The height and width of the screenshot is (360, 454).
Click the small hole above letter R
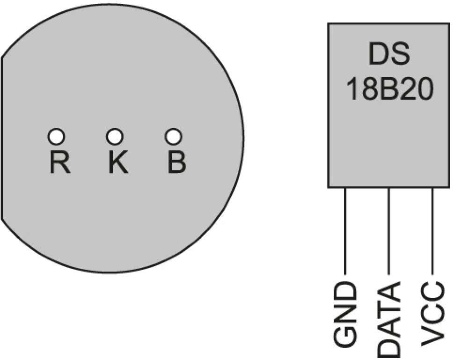click(56, 137)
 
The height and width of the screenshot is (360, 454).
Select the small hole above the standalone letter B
click(173, 137)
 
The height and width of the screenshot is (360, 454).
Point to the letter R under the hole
click(60, 162)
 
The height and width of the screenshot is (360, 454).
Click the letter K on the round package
click(118, 162)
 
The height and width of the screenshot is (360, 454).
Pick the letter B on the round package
click(176, 162)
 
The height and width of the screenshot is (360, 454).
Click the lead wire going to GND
click(345, 229)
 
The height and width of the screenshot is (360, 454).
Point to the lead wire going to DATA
click(389, 229)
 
